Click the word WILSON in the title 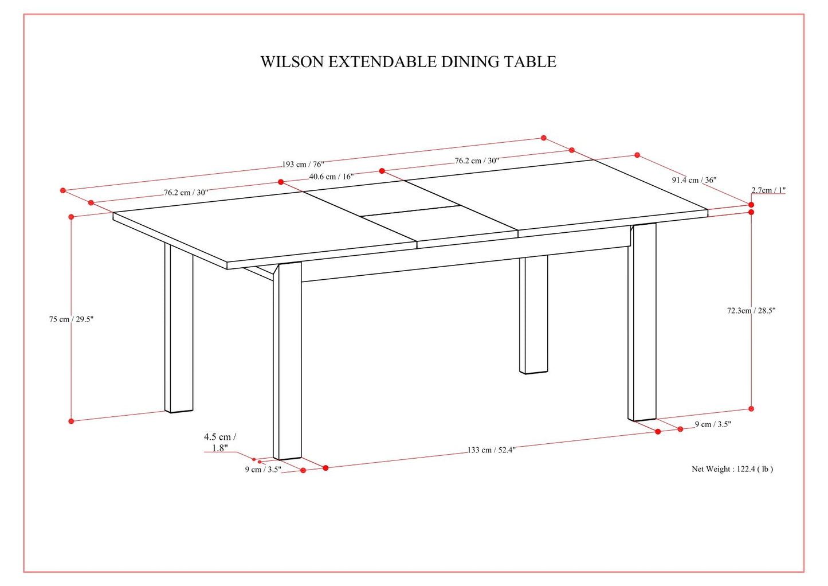pos(292,62)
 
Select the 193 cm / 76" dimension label pos(303,165)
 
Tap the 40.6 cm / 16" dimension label pos(331,177)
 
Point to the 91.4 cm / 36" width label pos(694,180)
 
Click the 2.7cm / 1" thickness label pos(768,190)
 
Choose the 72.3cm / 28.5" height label pos(751,311)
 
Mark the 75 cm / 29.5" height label pos(71,319)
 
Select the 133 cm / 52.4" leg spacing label pos(491,450)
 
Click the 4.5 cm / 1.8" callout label pos(220,442)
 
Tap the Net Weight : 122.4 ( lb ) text pos(732,469)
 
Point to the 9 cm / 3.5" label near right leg pos(713,425)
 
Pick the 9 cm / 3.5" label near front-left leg pos(263,470)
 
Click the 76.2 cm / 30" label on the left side pos(186,193)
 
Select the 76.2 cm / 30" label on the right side pos(477,161)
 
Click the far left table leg pos(179,333)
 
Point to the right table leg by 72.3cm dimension pos(642,321)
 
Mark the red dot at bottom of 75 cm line pos(71,421)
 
